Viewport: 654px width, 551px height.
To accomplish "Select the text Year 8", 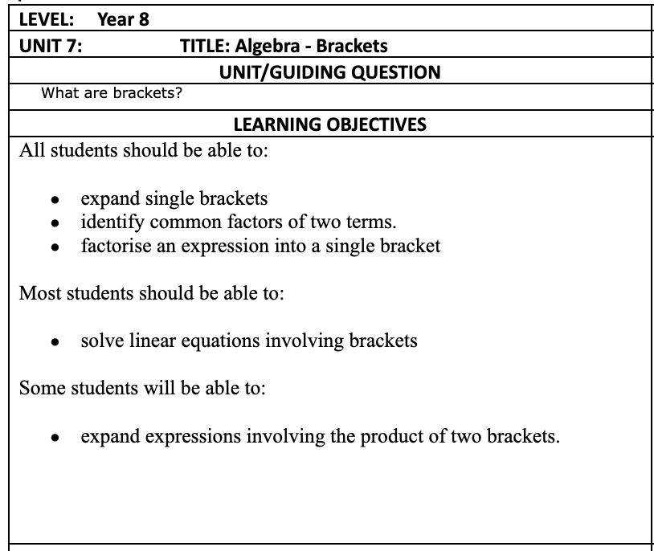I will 123,19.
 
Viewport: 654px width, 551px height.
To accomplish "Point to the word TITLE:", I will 204,46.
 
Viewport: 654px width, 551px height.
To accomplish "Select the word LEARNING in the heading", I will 275,124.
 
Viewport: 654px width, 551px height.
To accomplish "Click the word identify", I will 108,222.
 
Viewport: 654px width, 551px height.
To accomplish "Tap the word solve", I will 100,341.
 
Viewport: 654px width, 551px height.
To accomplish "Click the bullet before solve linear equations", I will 54,342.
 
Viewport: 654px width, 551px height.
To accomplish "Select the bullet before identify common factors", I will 54,223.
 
